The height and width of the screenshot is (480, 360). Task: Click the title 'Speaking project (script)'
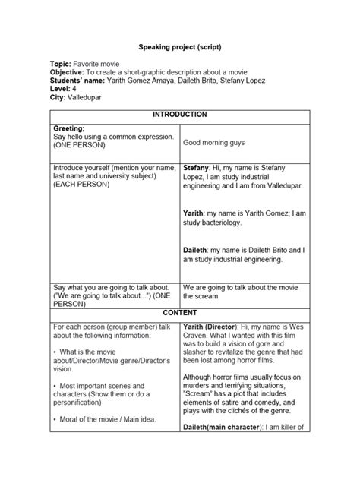pyautogui.click(x=180, y=46)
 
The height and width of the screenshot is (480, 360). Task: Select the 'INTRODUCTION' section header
pyautogui.click(x=180, y=115)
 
